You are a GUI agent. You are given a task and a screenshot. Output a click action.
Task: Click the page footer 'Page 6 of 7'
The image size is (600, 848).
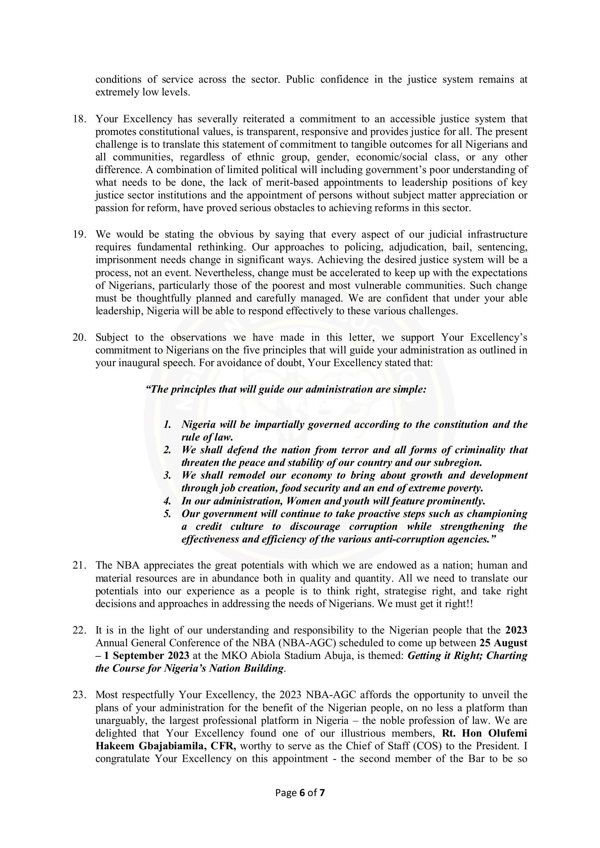click(x=299, y=792)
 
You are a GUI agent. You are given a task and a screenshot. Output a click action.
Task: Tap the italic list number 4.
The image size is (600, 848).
click(x=167, y=501)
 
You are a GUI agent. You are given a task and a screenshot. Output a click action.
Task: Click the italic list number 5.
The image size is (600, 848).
click(x=167, y=514)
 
